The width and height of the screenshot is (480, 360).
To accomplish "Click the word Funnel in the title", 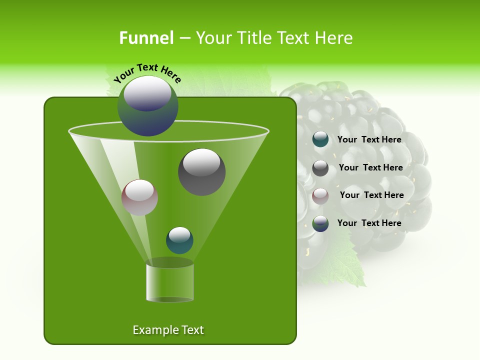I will click(146, 38).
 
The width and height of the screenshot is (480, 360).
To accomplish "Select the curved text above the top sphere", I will click(147, 73).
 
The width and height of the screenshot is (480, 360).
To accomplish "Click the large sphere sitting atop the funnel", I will click(148, 106).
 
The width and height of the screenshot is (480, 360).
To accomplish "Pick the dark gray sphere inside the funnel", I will click(201, 172).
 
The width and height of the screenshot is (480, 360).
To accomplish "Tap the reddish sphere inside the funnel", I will click(139, 197).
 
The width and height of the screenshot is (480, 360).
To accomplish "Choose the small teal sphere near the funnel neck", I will click(179, 240).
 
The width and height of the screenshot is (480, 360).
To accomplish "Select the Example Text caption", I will click(168, 330).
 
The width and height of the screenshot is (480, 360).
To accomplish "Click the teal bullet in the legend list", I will click(320, 139).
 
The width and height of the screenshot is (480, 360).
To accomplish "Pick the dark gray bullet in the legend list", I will click(320, 168).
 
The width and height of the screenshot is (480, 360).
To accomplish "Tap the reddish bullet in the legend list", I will click(320, 196).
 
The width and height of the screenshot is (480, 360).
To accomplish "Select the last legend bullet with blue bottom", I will click(320, 223).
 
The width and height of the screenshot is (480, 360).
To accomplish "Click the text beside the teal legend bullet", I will click(369, 139).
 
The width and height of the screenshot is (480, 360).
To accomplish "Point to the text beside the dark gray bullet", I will click(370, 167).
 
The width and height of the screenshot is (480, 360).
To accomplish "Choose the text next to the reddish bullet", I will click(371, 195).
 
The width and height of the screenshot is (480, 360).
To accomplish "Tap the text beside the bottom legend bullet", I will click(369, 223).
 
